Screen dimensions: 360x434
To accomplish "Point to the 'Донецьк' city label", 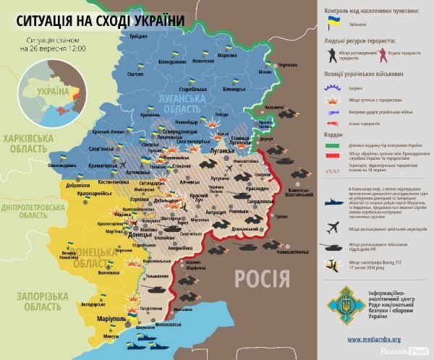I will point(140,235).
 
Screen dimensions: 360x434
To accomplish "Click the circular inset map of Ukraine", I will point(53,97).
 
